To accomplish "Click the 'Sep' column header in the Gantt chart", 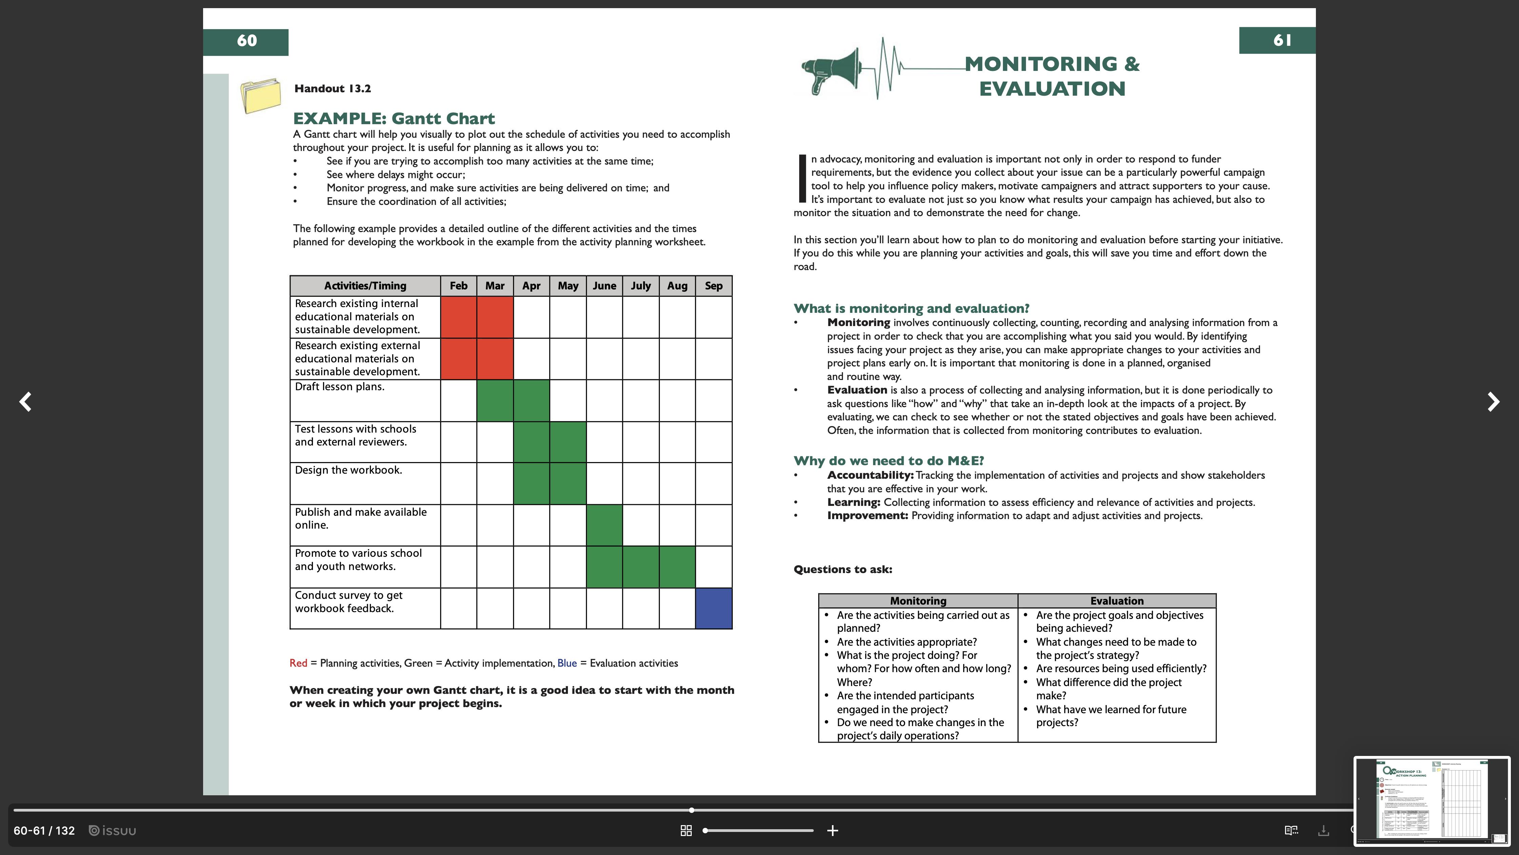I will [713, 286].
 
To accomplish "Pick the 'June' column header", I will [604, 286].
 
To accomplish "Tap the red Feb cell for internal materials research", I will [458, 317].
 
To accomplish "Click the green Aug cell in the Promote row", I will [677, 567].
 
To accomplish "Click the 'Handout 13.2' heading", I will [333, 89].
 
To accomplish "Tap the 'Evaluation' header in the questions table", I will [1116, 601].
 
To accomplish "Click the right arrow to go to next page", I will [1493, 402].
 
